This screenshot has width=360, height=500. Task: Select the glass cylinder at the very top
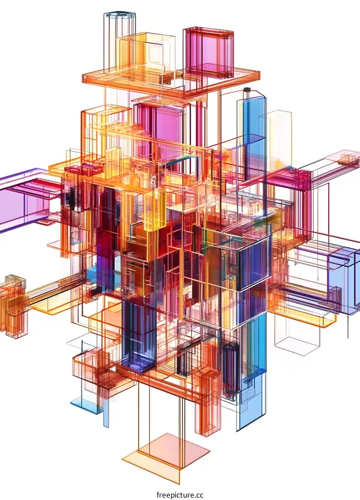119,27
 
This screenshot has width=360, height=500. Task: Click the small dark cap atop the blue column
246,91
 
